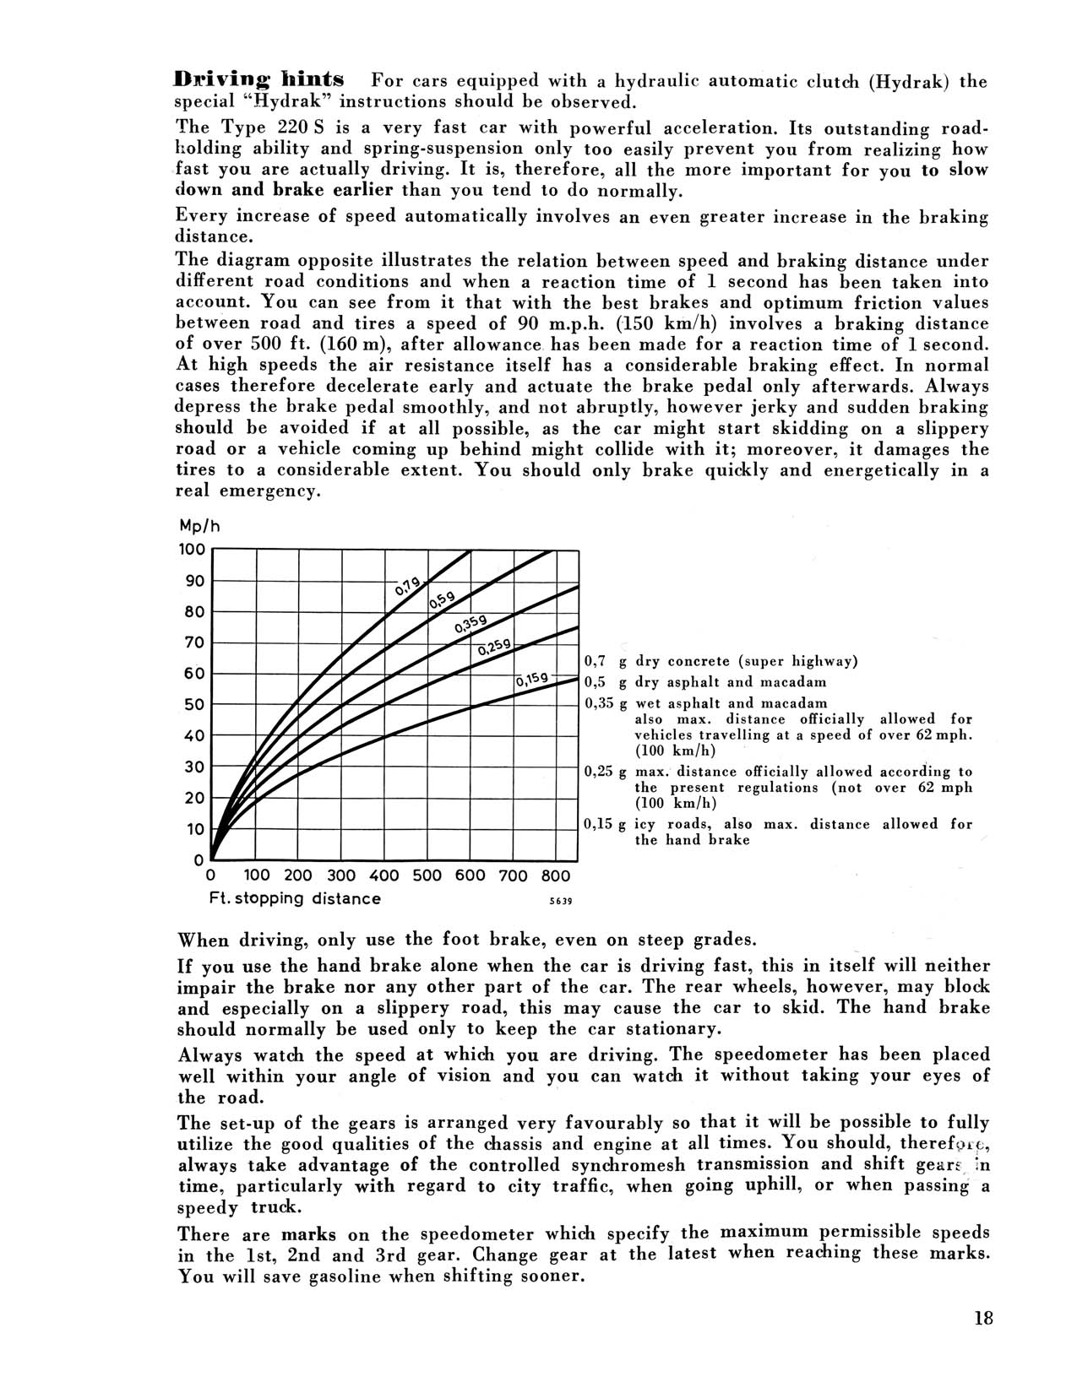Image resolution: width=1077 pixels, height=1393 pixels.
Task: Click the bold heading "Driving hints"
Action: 258,80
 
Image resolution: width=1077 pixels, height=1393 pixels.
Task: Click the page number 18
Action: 982,1320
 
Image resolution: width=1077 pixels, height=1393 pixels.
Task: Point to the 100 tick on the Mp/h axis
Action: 193,550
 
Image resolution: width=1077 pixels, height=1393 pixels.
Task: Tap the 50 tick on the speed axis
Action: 194,705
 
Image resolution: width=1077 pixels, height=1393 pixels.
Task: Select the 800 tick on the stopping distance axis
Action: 556,875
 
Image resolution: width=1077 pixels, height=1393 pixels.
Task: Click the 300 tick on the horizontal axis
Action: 341,875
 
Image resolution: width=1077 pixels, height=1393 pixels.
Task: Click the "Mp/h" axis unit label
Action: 199,525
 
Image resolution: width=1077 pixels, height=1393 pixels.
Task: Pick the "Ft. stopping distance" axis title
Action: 294,898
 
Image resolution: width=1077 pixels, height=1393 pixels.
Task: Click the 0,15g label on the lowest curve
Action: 532,680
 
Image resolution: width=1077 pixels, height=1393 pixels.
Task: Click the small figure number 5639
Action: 560,901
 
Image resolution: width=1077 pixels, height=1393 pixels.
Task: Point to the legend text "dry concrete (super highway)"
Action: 747,661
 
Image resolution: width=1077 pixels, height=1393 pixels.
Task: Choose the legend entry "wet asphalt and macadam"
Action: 731,702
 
